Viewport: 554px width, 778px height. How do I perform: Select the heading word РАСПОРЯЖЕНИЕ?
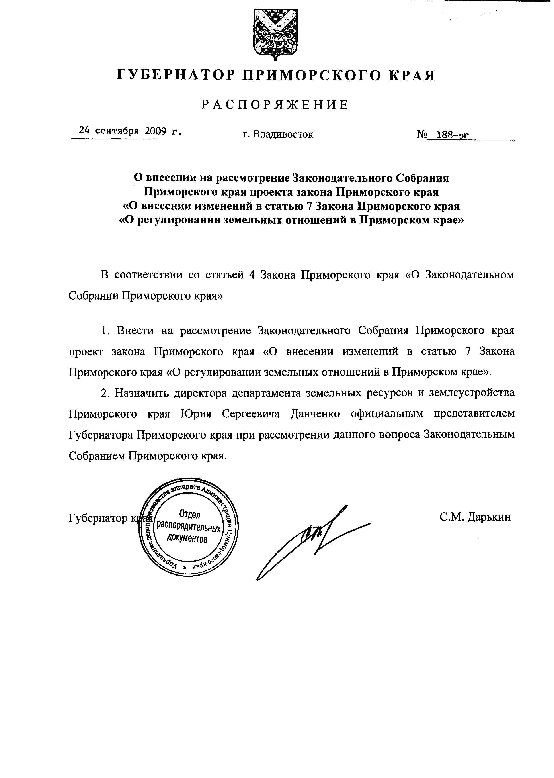[275, 105]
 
